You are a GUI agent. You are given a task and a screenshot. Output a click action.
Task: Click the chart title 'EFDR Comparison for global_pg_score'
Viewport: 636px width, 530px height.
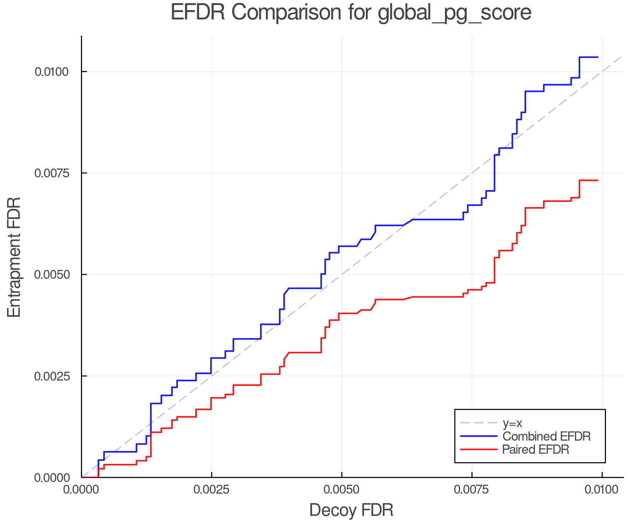pyautogui.click(x=351, y=13)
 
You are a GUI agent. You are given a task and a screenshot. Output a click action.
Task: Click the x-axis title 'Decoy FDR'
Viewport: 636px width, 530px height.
pyautogui.click(x=351, y=510)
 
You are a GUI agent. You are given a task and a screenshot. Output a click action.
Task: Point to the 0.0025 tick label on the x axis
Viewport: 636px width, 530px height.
pyautogui.click(x=211, y=490)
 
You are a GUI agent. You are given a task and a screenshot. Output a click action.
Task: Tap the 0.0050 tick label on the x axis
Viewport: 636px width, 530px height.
pyautogui.click(x=342, y=490)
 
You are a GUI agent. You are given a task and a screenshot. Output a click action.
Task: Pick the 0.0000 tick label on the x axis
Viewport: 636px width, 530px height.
pyautogui.click(x=81, y=490)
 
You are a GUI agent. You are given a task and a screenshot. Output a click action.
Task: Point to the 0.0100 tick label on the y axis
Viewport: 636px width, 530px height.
pyautogui.click(x=51, y=72)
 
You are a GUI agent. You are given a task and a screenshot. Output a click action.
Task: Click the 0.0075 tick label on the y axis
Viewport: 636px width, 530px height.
pyautogui.click(x=51, y=173)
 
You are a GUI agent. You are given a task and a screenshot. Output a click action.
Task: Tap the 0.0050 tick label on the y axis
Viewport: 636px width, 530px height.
pyautogui.click(x=51, y=275)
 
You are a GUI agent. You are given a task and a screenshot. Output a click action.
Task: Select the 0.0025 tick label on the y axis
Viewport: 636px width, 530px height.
pyautogui.click(x=51, y=376)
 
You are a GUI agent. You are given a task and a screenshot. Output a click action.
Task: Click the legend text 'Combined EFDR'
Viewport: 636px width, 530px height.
pyautogui.click(x=546, y=436)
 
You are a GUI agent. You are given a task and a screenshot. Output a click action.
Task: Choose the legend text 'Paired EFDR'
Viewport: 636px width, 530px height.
pyautogui.click(x=535, y=449)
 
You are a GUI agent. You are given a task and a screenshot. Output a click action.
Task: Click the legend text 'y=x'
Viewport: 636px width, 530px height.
pyautogui.click(x=512, y=423)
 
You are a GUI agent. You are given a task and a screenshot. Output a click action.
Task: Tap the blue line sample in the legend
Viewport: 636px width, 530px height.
pyautogui.click(x=479, y=436)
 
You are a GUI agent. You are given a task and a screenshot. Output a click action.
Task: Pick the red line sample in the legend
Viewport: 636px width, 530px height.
pyautogui.click(x=479, y=449)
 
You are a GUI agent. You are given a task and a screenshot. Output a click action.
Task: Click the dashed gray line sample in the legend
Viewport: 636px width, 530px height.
pyautogui.click(x=479, y=423)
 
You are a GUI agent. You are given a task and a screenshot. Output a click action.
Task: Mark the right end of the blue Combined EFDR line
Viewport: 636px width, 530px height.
pyautogui.click(x=597, y=57)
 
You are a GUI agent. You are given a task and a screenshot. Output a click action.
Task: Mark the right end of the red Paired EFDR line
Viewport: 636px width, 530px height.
pyautogui.click(x=597, y=180)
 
